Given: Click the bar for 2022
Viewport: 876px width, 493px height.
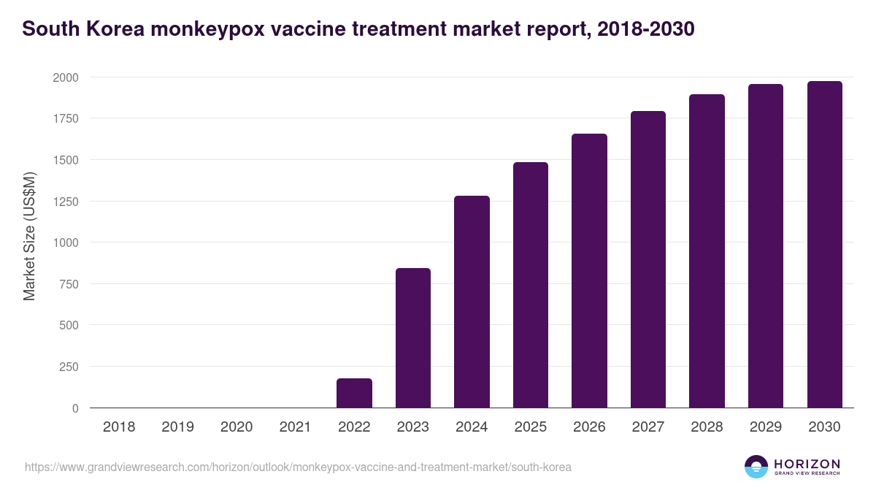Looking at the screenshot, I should point(354,393).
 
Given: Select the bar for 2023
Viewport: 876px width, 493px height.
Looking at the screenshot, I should point(413,338).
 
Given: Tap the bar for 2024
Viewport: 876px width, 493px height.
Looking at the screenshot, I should point(472,302).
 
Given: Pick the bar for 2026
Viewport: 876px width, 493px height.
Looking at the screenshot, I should point(589,271).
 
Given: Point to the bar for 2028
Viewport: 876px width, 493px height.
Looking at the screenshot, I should point(707,251).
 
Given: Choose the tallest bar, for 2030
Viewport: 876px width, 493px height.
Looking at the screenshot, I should point(824,245).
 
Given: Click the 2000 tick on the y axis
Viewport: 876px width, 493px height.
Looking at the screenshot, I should point(65,77).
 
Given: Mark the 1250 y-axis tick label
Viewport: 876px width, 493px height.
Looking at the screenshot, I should point(65,202).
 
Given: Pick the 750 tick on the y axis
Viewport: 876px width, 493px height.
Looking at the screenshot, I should point(69,284).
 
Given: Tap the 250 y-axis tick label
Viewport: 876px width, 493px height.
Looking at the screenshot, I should point(69,367).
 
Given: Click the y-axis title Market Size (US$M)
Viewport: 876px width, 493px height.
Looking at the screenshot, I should point(29,235).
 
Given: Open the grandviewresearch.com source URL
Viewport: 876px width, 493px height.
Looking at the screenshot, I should point(298,467).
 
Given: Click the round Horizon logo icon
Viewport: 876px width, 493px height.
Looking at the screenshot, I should point(756,467).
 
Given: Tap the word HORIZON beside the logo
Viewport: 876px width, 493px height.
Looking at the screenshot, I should point(807,464).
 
